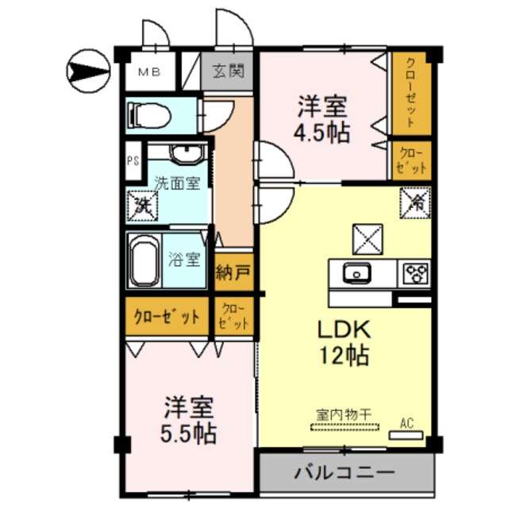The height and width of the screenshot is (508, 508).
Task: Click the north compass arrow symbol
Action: click(x=87, y=72)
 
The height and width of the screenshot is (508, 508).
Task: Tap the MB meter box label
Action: click(x=149, y=72)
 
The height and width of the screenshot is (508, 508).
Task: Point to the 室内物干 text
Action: click(x=346, y=413)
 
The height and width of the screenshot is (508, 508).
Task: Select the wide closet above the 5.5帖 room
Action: click(x=166, y=317)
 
